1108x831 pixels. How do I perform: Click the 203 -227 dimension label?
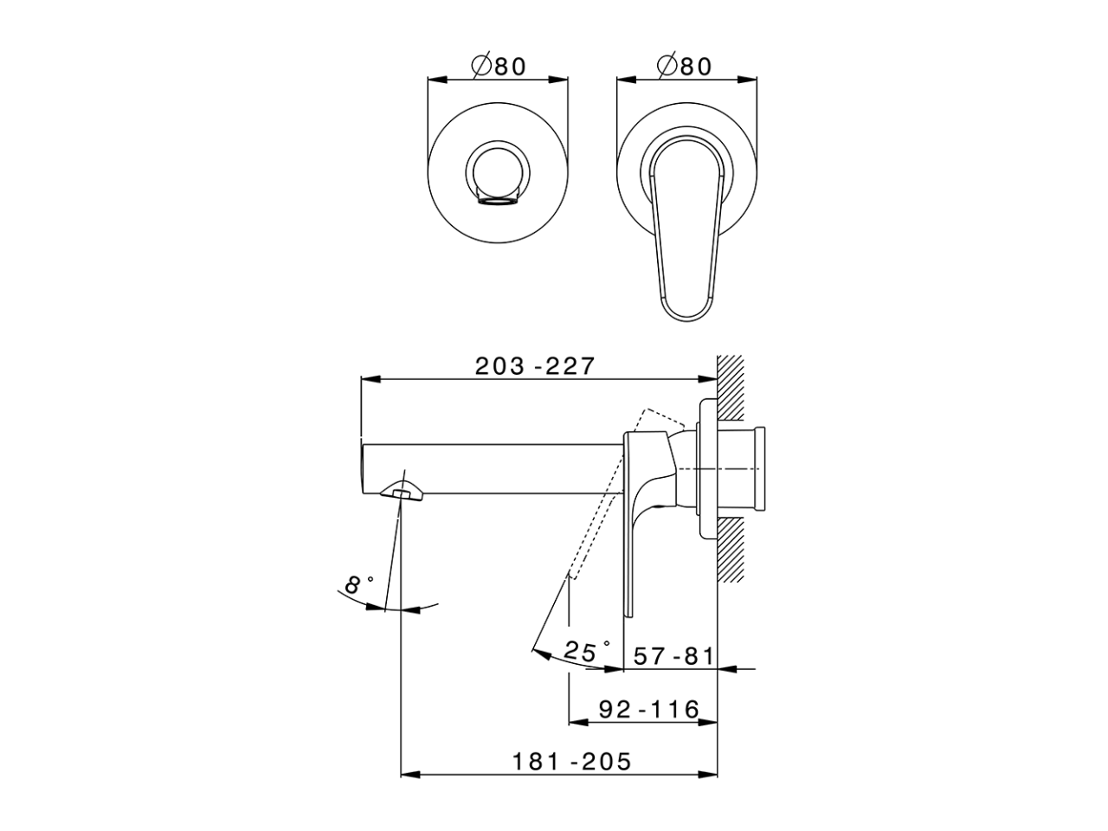tap(535, 366)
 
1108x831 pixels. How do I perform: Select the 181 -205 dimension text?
tap(571, 762)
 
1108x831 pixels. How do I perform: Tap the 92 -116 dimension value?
tap(649, 710)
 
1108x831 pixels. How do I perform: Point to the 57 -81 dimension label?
tap(673, 656)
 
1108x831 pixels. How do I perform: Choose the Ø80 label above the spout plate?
tap(498, 66)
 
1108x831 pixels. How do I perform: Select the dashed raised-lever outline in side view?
tap(606, 502)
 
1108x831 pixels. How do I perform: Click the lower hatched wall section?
tap(731, 550)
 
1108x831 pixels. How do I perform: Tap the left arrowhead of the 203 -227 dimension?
tap(367, 378)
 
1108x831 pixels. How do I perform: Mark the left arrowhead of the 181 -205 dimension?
tap(408, 774)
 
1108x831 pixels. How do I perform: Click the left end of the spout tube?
tap(362, 467)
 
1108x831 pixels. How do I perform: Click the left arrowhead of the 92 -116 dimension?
tap(575, 722)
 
